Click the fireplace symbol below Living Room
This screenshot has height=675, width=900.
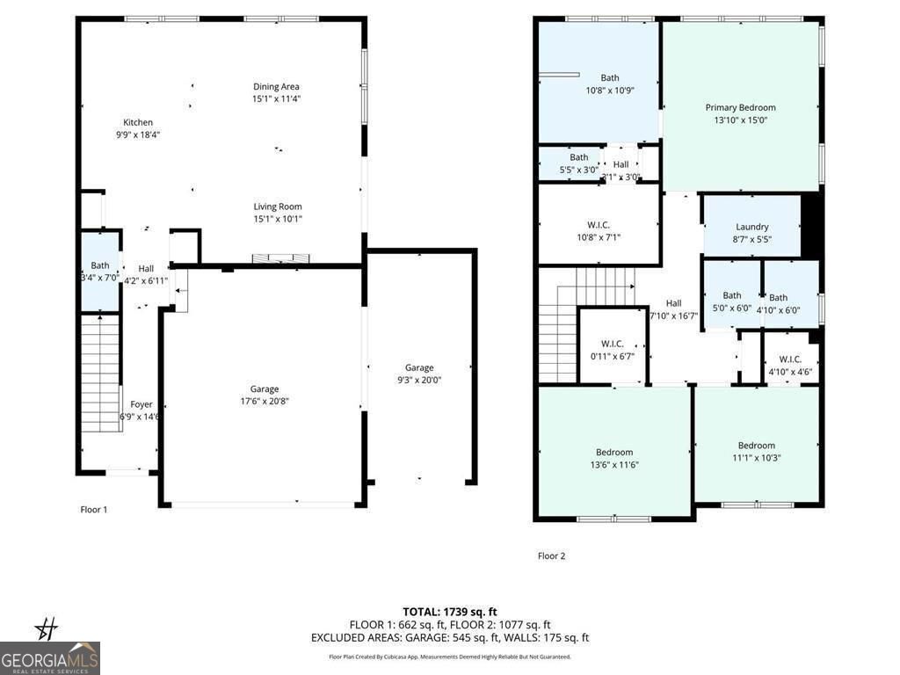(281, 258)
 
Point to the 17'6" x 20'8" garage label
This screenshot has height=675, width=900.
(264, 395)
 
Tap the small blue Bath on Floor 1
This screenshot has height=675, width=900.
(100, 272)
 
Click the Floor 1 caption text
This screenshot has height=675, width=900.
(94, 510)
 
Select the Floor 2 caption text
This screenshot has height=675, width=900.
(551, 555)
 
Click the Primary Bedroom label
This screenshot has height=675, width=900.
(740, 114)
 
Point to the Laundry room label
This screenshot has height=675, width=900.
(751, 232)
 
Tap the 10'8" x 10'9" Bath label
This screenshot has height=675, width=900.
(610, 83)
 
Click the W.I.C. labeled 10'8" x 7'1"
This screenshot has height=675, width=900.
(599, 231)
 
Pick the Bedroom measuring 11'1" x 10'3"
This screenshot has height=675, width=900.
(756, 451)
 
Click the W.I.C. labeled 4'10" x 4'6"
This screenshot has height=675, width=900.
(790, 365)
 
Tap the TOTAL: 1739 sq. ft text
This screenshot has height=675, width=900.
(450, 612)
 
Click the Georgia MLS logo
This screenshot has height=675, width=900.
(50, 657)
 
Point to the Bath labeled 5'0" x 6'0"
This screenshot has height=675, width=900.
(731, 301)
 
